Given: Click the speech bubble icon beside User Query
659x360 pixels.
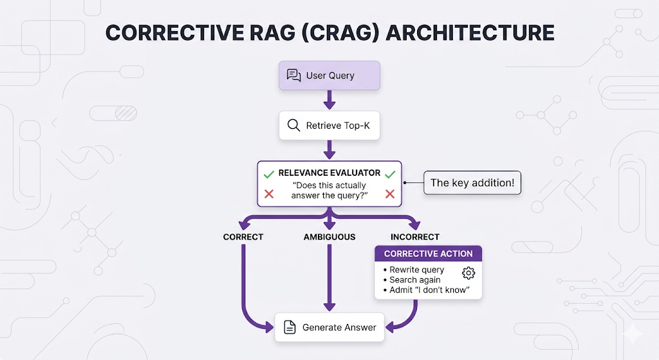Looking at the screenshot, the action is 293,75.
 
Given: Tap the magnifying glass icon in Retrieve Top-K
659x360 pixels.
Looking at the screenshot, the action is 293,126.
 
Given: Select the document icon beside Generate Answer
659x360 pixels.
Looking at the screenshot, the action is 290,327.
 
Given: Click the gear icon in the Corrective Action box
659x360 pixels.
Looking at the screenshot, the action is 469,273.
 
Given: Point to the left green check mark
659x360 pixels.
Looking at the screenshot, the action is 269,175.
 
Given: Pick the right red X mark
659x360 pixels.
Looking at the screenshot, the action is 390,194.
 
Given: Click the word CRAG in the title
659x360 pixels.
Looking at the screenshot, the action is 340,33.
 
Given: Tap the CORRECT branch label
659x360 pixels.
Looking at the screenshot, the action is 243,237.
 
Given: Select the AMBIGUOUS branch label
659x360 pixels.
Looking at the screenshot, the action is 329,237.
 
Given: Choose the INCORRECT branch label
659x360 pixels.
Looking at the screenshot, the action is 415,237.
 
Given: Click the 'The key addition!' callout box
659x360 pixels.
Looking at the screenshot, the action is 472,182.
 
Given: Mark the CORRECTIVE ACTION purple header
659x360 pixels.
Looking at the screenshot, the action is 428,254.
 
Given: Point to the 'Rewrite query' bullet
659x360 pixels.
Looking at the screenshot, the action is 414,270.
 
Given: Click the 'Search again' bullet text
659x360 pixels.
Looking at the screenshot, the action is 412,279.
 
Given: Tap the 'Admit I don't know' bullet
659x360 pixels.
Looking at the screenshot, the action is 426,290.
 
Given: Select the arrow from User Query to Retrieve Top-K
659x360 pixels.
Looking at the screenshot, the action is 329,100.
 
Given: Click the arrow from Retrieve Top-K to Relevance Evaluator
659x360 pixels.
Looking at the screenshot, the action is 329,149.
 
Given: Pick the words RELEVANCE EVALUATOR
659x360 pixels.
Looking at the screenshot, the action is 329,173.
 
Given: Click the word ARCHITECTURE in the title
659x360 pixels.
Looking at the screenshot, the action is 470,33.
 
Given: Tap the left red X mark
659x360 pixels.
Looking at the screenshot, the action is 269,194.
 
